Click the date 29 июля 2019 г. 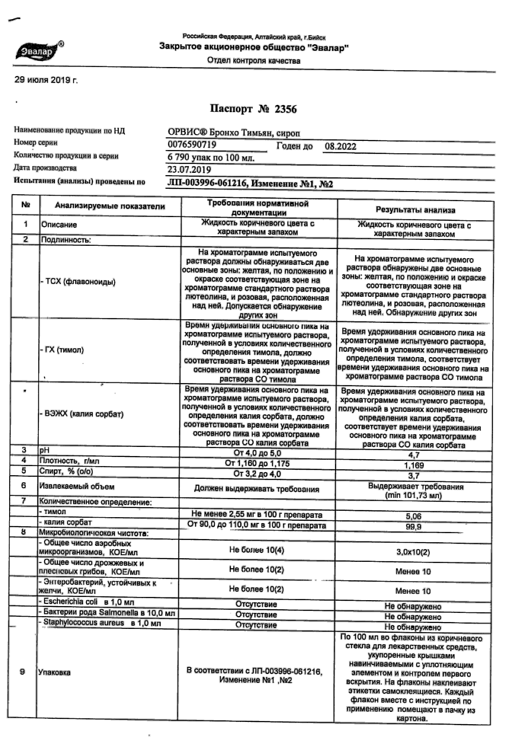(x=46, y=80)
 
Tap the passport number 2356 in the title (x=286, y=109)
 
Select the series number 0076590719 (x=192, y=145)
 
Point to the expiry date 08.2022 (x=341, y=146)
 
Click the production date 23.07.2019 (x=189, y=169)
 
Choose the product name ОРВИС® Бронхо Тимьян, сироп (x=234, y=133)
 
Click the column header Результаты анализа (x=415, y=210)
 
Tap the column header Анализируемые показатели (x=110, y=206)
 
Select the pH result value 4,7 (x=414, y=455)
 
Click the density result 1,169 (x=414, y=465)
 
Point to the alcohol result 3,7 (x=414, y=476)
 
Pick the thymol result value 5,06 (x=414, y=517)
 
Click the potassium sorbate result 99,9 (x=414, y=527)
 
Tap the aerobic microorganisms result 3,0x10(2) (x=413, y=552)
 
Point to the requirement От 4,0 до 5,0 (x=257, y=453)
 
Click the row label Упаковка (x=54, y=672)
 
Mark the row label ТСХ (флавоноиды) (x=78, y=282)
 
